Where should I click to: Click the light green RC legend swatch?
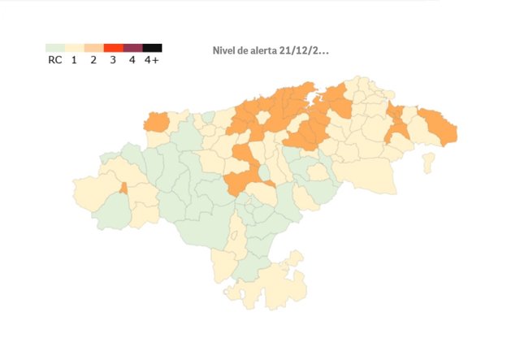(55, 48)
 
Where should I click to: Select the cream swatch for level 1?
(74, 48)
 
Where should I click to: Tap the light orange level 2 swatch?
(93, 48)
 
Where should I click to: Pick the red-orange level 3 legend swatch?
(113, 48)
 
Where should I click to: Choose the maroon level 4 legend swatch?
(132, 48)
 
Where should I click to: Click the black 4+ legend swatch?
(152, 48)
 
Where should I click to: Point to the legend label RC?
(55, 60)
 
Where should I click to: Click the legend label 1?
(74, 60)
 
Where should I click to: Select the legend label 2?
(93, 60)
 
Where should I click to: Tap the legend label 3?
(113, 60)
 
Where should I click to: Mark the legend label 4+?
(152, 60)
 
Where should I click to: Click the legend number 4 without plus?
(132, 60)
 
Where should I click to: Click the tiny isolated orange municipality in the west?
(123, 188)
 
